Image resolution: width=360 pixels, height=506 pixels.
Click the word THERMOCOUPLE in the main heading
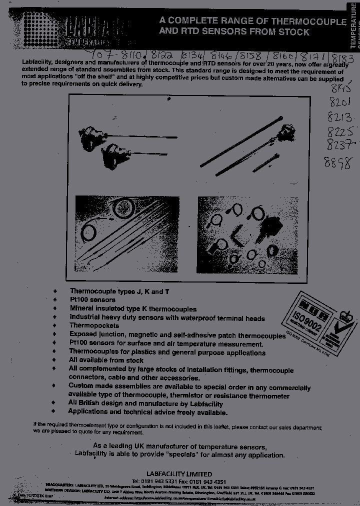coord(309,21)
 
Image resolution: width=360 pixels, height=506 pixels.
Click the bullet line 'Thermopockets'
coord(94,326)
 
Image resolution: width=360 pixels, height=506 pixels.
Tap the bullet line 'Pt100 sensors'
coord(92,299)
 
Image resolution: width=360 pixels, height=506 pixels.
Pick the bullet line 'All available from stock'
coord(106,360)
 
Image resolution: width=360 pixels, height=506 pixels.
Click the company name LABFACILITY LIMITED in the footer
coord(179,474)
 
